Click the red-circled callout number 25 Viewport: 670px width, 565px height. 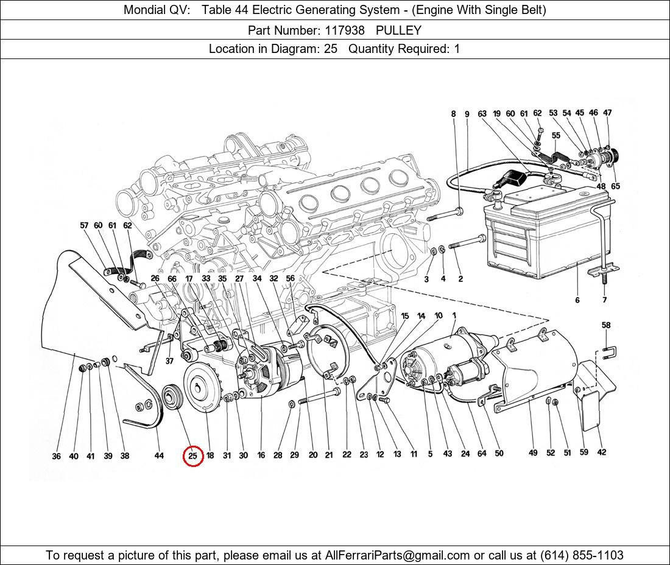pos(193,455)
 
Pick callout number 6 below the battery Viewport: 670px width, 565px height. pos(577,300)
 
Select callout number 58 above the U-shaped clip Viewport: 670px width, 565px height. pos(605,326)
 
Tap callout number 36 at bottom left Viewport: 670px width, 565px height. pos(56,456)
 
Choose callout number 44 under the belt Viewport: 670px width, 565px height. pos(159,455)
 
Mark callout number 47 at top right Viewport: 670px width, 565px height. pos(607,113)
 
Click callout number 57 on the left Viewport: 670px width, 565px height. pos(84,225)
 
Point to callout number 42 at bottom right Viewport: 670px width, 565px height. pos(601,452)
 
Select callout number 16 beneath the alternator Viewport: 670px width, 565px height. pos(261,455)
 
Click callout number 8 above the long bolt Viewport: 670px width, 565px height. pos(453,114)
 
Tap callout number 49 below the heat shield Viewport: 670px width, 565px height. pos(533,452)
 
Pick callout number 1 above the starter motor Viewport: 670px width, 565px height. pos(454,315)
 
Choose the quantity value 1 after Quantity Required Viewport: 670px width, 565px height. pos(457,49)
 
